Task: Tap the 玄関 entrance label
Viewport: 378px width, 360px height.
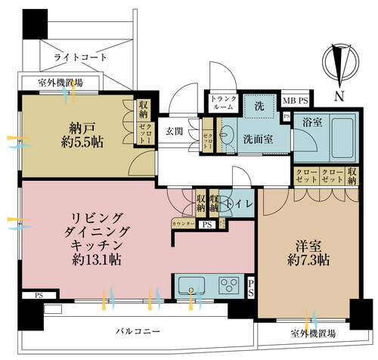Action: coord(175,130)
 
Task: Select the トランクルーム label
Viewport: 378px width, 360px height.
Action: coord(225,102)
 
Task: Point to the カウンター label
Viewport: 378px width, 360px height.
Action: coord(183,225)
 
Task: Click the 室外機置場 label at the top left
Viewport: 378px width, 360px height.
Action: coord(50,82)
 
